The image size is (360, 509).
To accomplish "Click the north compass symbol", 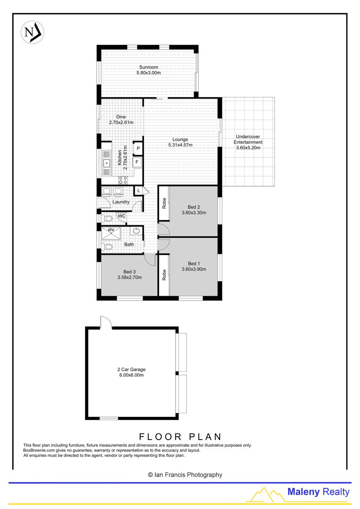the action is [32, 32].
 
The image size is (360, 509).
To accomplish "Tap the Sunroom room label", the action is [148, 67].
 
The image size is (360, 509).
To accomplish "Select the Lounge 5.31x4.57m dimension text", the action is [180, 145].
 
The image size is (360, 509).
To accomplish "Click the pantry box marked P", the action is [138, 149].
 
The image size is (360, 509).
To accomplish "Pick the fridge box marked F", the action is [137, 162].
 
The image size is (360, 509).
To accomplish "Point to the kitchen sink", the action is [107, 163].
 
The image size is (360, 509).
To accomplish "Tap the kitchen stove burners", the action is [123, 180].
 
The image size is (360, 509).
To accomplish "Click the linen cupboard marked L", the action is [139, 191].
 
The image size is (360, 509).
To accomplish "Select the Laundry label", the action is [121, 202].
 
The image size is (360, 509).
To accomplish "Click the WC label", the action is [122, 216].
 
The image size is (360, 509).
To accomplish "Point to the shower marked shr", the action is [111, 234].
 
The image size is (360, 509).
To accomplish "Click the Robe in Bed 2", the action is [164, 203].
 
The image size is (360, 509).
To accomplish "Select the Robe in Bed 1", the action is [164, 275].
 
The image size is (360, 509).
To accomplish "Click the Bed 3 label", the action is [130, 272].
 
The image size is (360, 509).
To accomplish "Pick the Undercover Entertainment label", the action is [248, 139].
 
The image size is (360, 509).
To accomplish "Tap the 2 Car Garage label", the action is [131, 369].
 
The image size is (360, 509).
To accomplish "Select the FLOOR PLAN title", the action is [180, 437].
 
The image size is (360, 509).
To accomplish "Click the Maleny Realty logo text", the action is [319, 492].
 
